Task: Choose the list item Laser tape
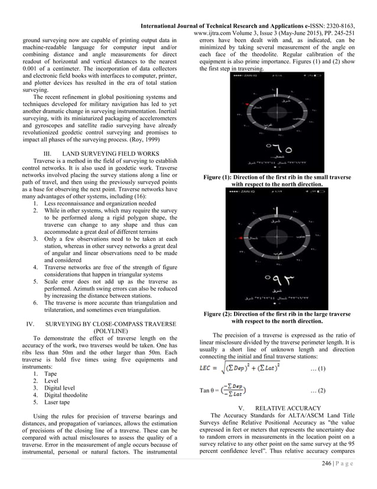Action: (x=59, y=402)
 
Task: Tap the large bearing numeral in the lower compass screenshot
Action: (x=276, y=276)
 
